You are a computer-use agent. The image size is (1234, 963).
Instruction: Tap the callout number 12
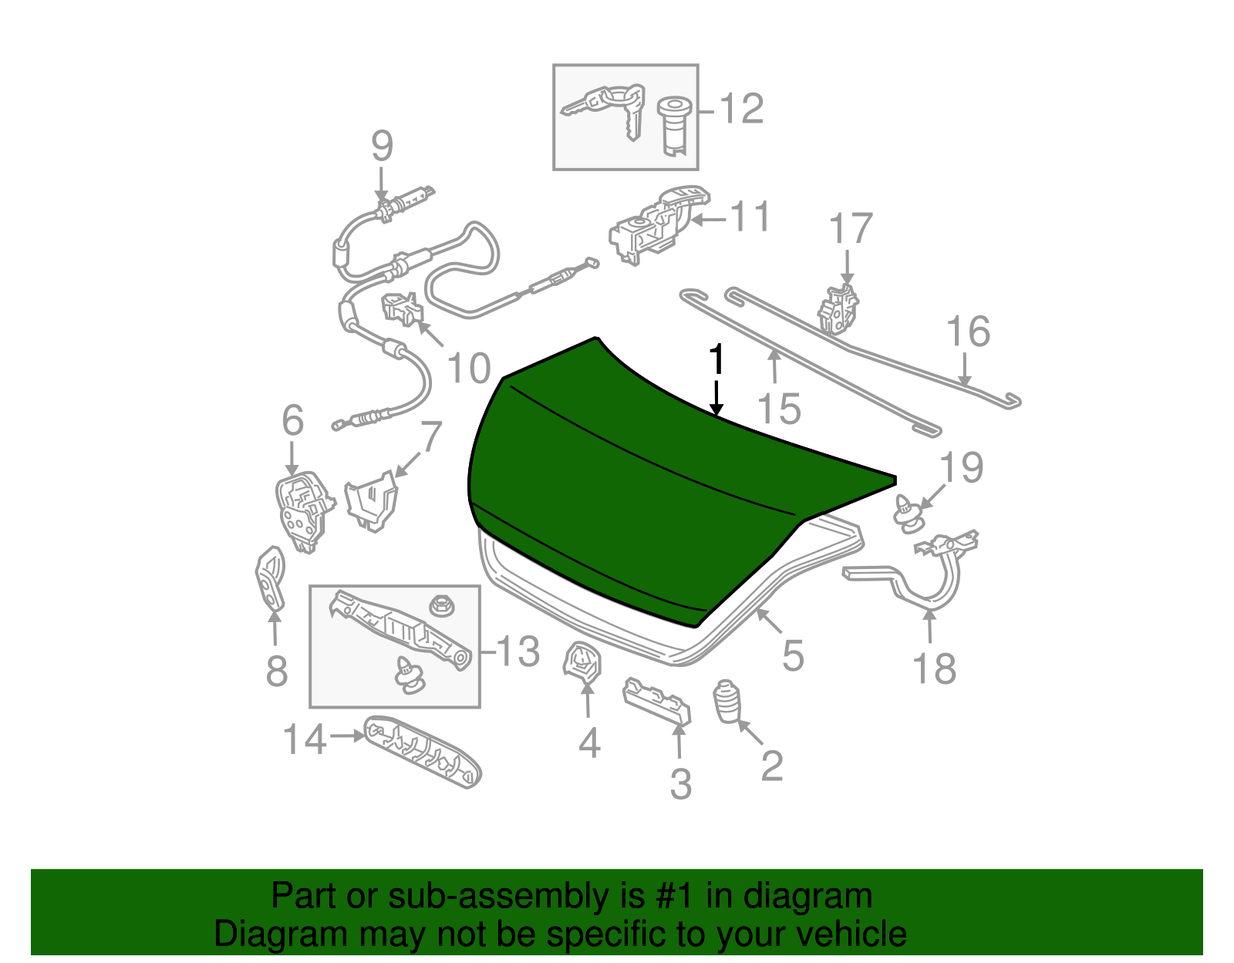point(741,109)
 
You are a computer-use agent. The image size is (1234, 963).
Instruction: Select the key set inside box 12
point(605,107)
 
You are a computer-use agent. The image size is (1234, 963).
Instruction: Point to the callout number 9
point(382,146)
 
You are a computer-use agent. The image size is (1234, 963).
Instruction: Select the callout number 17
point(851,229)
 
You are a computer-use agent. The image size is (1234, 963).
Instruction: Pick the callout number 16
point(968,332)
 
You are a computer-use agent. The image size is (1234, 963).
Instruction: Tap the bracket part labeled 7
point(372,501)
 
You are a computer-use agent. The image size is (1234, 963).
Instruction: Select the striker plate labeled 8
point(270,578)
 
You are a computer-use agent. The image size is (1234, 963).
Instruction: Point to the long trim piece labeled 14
point(423,752)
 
